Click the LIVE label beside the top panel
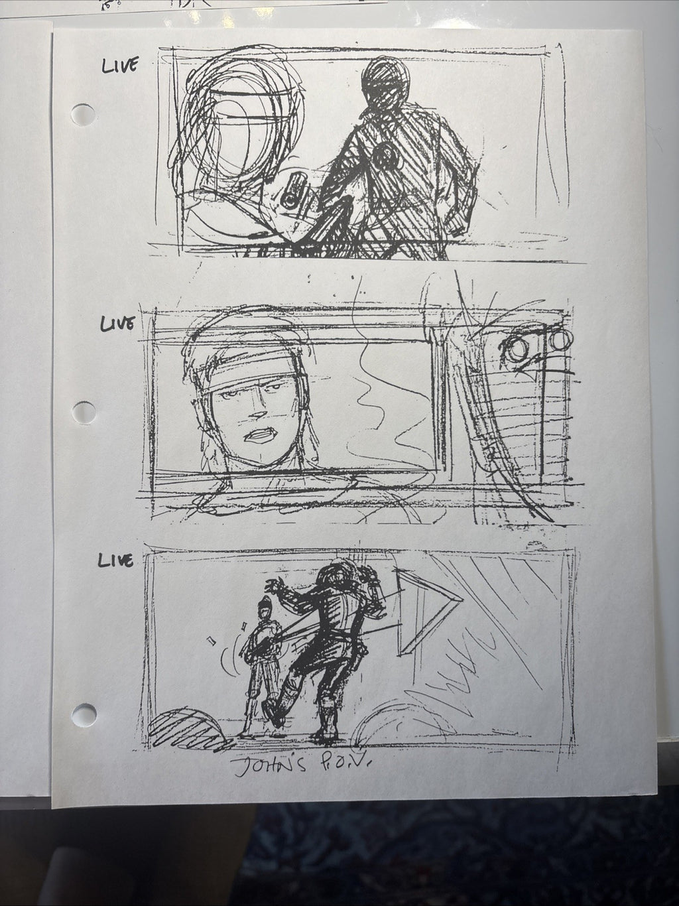pos(119,66)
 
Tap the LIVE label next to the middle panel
pos(117,324)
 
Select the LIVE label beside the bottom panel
pos(115,560)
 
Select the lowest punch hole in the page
pos(84,714)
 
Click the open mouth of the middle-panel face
pos(261,435)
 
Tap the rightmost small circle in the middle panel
pos(562,340)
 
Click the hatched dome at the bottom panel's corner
pos(186,728)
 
